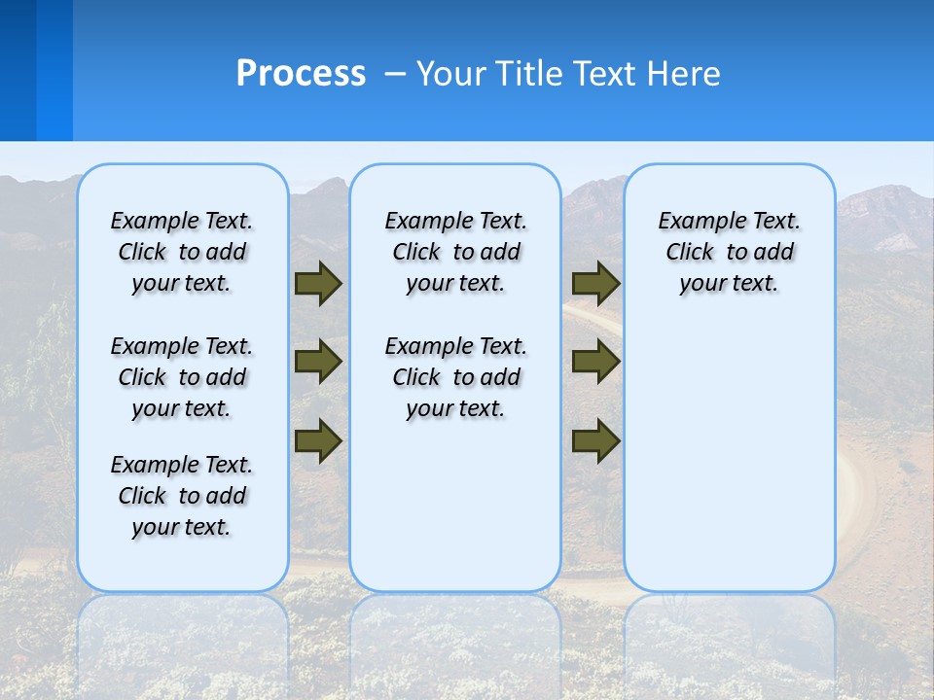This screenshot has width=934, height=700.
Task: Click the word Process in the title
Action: [301, 74]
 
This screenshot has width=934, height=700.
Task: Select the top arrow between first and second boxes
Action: [317, 283]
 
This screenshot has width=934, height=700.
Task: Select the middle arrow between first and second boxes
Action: [317, 362]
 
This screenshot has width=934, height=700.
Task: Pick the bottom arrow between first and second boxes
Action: [317, 439]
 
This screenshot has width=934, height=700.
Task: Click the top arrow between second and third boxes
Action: [595, 283]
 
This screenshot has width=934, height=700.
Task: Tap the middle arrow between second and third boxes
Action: [595, 362]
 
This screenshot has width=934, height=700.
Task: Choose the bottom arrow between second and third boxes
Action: [595, 439]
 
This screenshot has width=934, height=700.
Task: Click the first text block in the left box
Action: [182, 252]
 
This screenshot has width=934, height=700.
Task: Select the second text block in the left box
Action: [182, 377]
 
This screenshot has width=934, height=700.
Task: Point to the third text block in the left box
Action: [182, 496]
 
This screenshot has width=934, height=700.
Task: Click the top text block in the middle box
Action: [455, 252]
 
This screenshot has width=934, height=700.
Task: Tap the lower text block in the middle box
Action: [455, 377]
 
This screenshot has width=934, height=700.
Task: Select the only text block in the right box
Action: [729, 252]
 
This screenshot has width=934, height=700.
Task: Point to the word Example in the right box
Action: [697, 222]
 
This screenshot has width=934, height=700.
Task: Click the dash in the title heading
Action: [396, 74]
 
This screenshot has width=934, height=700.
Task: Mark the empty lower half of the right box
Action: [729, 467]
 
